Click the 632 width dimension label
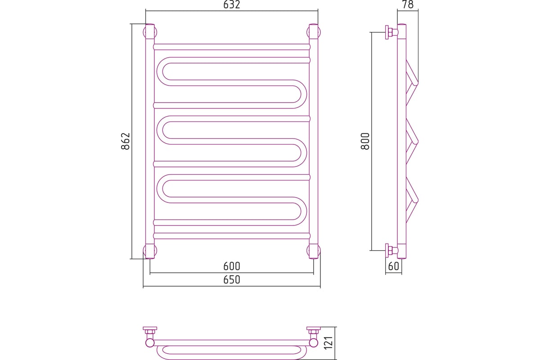pos(232,4)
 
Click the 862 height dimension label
pos(126,141)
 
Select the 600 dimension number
pos(232,266)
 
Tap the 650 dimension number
pos(232,280)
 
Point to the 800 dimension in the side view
pos(365,141)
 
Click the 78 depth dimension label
pos(408,4)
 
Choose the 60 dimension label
pos(394,266)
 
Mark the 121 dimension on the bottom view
pos(328,342)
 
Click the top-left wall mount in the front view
pos(150,32)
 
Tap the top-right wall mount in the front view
pos(313,32)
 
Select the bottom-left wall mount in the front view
pos(150,251)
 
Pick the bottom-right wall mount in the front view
pos(313,251)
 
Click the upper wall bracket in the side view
pos(391,32)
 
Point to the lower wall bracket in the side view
pos(391,251)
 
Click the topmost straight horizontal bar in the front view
pos(232,47)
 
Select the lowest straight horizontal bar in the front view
pos(232,236)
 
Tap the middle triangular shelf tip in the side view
pos(417,142)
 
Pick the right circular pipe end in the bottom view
pos(313,342)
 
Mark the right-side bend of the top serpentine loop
pos(303,94)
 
